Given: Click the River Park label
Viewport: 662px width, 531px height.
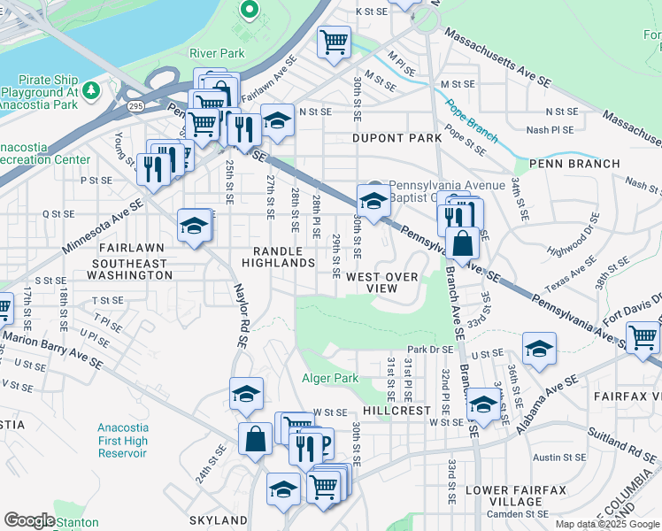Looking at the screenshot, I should pyautogui.click(x=217, y=53).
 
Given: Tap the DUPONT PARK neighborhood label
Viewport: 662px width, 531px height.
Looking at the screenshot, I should pyautogui.click(x=396, y=138).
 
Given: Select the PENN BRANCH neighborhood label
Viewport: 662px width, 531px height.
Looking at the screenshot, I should pyautogui.click(x=566, y=164).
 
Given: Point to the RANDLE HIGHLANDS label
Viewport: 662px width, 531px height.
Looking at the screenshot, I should pyautogui.click(x=284, y=257).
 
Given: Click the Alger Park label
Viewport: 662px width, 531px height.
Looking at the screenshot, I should pyautogui.click(x=332, y=378).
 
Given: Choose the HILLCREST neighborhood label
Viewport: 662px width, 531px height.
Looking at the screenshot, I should pyautogui.click(x=396, y=412).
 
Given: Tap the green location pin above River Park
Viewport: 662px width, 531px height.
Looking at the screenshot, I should pyautogui.click(x=249, y=12).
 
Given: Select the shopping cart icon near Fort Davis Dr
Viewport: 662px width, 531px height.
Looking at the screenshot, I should pyautogui.click(x=643, y=337).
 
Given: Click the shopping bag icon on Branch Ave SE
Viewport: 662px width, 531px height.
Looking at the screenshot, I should pyautogui.click(x=463, y=243).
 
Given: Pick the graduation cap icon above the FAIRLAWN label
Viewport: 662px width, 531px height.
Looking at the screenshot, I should pyautogui.click(x=194, y=226).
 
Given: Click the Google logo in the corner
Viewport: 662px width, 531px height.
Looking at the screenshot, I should pyautogui.click(x=30, y=519).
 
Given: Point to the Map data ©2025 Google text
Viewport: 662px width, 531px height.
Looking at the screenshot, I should pyautogui.click(x=606, y=524).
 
